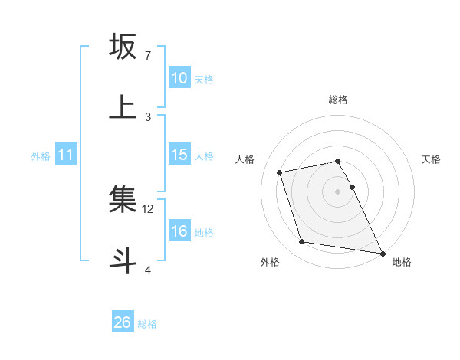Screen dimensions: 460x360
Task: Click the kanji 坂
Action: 123,47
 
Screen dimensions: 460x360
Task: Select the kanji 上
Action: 123,107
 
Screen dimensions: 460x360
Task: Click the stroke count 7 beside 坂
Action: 148,56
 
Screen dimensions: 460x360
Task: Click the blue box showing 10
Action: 179,78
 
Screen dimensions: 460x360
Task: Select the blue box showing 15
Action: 179,155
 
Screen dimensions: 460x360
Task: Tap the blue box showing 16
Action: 179,231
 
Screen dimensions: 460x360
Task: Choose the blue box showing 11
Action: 66,155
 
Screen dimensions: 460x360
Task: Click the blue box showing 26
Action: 122,322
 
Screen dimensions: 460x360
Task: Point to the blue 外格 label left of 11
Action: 41,156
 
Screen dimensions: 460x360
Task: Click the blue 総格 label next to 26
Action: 147,324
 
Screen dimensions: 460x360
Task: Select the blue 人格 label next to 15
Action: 204,156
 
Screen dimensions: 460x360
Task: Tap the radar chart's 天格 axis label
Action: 431,159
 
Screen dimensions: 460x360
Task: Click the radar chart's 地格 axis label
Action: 402,262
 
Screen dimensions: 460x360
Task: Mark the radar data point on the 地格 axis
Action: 381,253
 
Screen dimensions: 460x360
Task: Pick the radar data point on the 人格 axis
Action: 280,172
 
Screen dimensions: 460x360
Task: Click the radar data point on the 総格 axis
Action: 337,161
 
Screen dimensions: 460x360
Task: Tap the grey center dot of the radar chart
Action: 337,191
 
